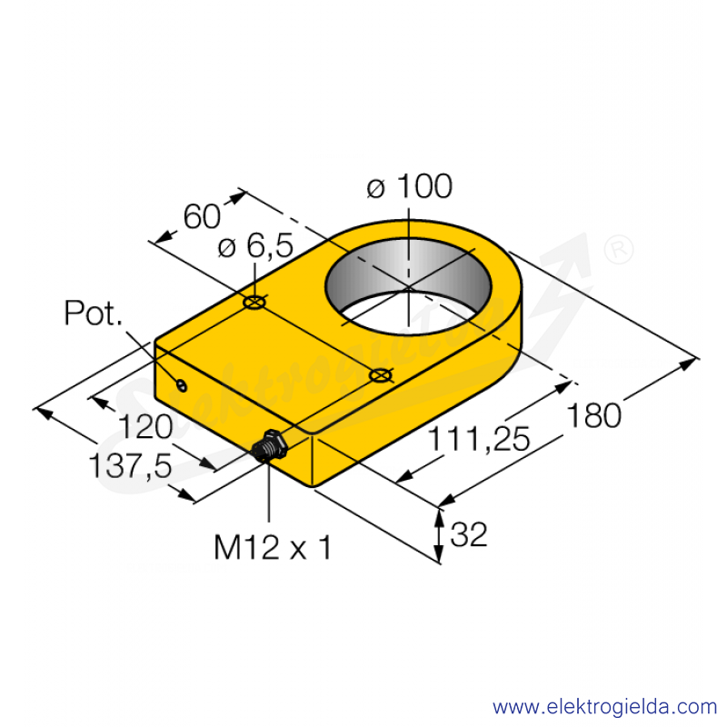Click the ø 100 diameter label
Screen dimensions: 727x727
pos(409,186)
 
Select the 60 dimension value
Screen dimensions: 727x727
pos(202,216)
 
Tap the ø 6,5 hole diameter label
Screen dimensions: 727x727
pos(255,245)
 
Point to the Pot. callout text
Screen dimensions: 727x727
pos(94,313)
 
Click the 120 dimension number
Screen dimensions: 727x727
pos(145,426)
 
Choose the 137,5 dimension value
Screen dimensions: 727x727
pos(130,466)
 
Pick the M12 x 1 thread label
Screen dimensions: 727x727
pos(273,548)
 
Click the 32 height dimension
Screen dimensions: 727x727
pos(469,534)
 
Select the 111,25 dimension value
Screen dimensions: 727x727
pos(478,439)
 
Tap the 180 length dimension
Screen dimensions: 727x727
pos(594,416)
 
